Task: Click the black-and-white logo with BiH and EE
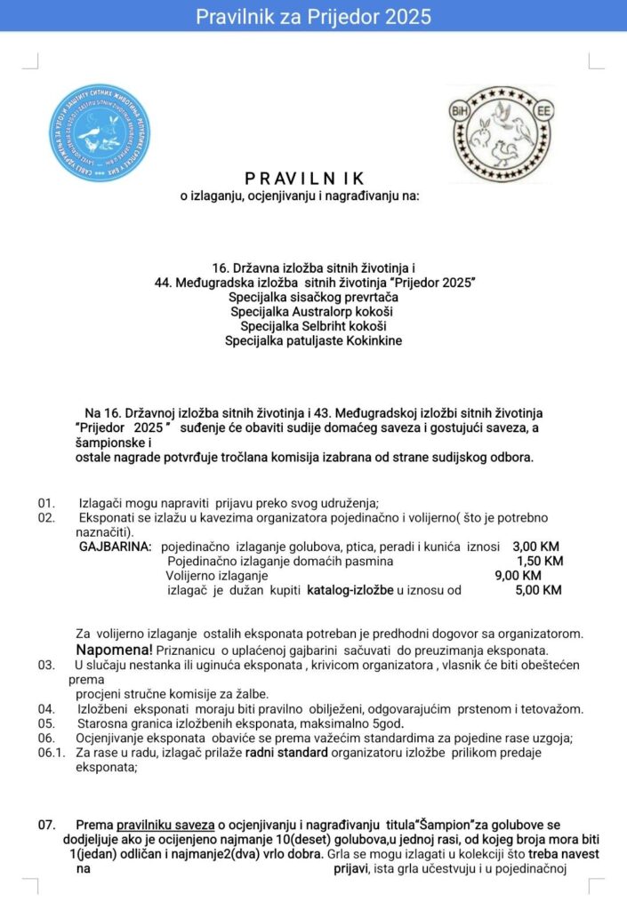pyautogui.click(x=499, y=133)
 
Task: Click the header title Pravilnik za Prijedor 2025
pyautogui.click(x=313, y=17)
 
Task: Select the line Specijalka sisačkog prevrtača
pyautogui.click(x=313, y=296)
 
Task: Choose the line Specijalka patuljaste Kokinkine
pyautogui.click(x=313, y=340)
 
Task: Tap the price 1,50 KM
pyautogui.click(x=541, y=561)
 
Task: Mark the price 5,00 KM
pyautogui.click(x=539, y=590)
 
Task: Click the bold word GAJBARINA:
pyautogui.click(x=115, y=546)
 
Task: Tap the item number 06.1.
pyautogui.click(x=52, y=753)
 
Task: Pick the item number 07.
pyautogui.click(x=46, y=825)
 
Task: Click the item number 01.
pyautogui.click(x=46, y=503)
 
